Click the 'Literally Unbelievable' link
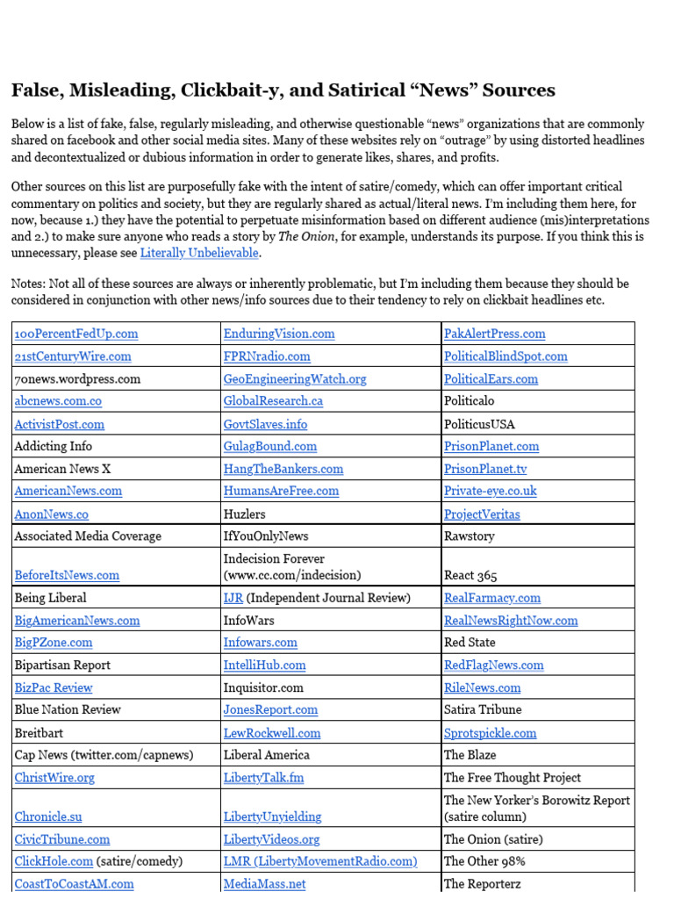(199, 253)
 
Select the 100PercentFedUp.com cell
(76, 334)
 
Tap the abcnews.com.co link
(58, 401)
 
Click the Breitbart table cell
(39, 732)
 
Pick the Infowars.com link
(261, 643)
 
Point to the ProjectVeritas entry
(482, 514)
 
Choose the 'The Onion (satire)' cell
(493, 839)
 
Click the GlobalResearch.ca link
(273, 401)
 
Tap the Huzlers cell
(245, 514)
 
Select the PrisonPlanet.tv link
(485, 469)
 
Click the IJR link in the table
(233, 598)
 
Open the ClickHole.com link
(54, 861)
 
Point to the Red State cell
(470, 643)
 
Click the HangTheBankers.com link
(283, 469)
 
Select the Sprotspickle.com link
(490, 733)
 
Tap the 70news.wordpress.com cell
(77, 379)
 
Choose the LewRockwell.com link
(272, 733)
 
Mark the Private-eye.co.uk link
(490, 491)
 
